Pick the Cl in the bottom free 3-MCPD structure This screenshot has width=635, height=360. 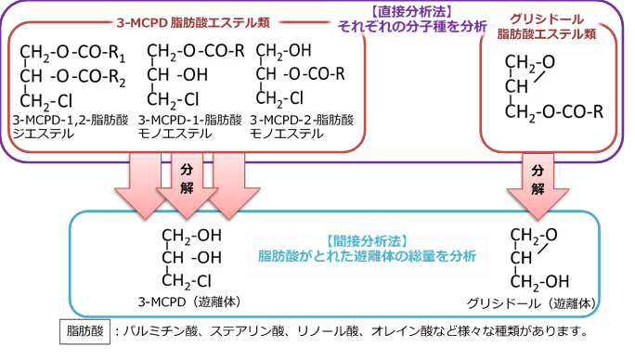205,279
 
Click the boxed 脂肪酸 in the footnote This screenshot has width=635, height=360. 83,329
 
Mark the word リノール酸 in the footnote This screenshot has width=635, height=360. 332,329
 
